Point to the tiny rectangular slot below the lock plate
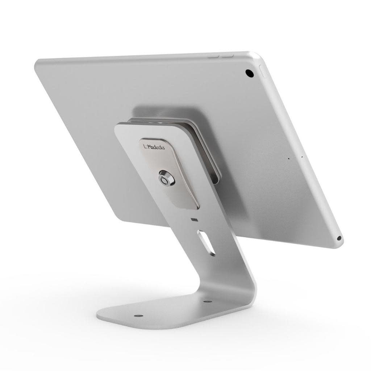pos(195,220)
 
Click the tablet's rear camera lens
pos(249,73)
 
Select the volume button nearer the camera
pos(228,56)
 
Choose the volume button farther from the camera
pos(213,57)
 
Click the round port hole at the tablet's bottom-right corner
pos(339,238)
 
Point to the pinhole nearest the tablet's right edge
pos(302,157)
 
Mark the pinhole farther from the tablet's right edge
pos(288,158)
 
